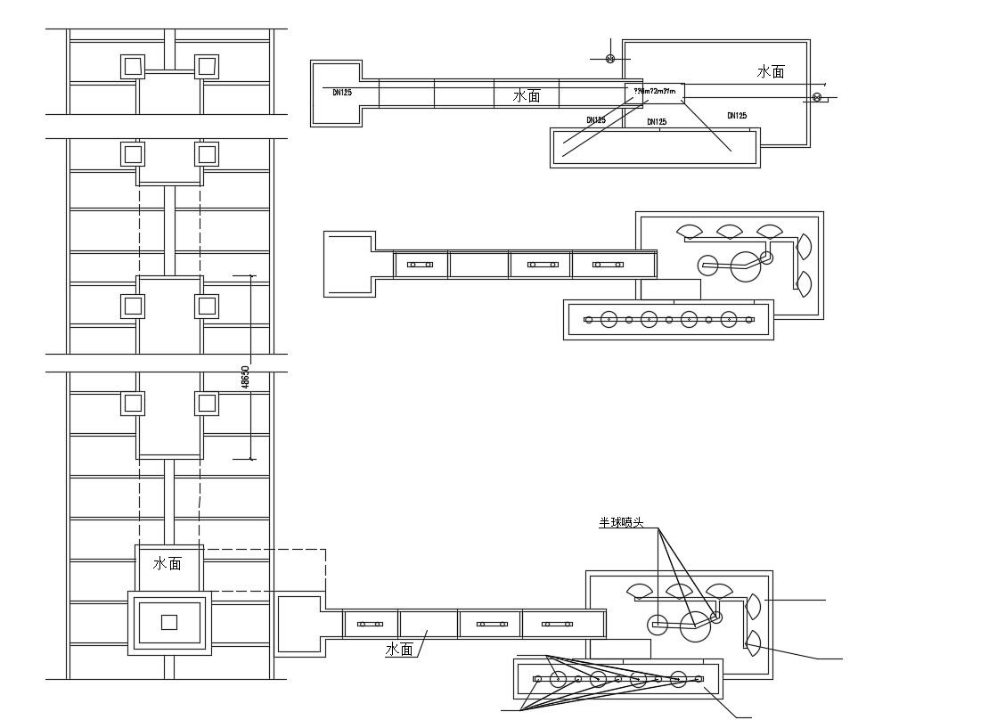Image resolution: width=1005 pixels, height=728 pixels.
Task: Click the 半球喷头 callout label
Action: pyautogui.click(x=621, y=523)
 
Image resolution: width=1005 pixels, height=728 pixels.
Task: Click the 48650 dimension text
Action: pyautogui.click(x=246, y=375)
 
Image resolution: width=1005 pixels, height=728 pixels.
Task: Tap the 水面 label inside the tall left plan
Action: pyautogui.click(x=167, y=563)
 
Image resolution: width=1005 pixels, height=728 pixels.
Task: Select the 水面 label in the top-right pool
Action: pyautogui.click(x=771, y=71)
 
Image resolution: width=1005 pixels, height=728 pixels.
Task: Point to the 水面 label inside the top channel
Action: pyautogui.click(x=527, y=95)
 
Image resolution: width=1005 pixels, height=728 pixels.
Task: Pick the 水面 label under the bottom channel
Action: pyautogui.click(x=399, y=650)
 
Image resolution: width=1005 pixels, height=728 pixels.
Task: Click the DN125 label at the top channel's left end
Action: pyautogui.click(x=342, y=92)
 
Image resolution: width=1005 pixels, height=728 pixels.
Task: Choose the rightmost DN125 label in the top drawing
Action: pyautogui.click(x=737, y=116)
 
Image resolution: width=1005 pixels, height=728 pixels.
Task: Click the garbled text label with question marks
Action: pyautogui.click(x=654, y=91)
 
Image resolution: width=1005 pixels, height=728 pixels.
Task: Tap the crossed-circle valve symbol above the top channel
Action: pyautogui.click(x=610, y=59)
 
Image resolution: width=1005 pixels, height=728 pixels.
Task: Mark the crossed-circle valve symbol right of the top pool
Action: pyautogui.click(x=817, y=97)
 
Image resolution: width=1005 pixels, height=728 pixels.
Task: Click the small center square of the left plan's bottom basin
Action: pyautogui.click(x=169, y=622)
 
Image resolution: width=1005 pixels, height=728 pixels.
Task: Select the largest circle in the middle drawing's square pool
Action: pyautogui.click(x=746, y=266)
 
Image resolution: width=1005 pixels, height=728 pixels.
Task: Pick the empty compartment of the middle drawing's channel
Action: pyautogui.click(x=479, y=265)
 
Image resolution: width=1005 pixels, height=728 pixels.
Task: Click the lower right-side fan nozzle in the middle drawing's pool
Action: pyautogui.click(x=805, y=283)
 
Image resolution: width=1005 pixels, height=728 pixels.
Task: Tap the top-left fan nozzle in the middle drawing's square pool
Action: pyautogui.click(x=690, y=232)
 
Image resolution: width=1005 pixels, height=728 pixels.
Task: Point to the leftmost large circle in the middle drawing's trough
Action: pyautogui.click(x=609, y=319)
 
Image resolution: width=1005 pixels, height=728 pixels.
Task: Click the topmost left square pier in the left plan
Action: pyautogui.click(x=133, y=66)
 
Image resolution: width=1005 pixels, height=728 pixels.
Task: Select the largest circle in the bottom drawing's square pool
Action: pyautogui.click(x=695, y=626)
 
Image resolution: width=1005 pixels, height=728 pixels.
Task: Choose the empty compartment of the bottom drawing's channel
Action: pyautogui.click(x=429, y=624)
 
